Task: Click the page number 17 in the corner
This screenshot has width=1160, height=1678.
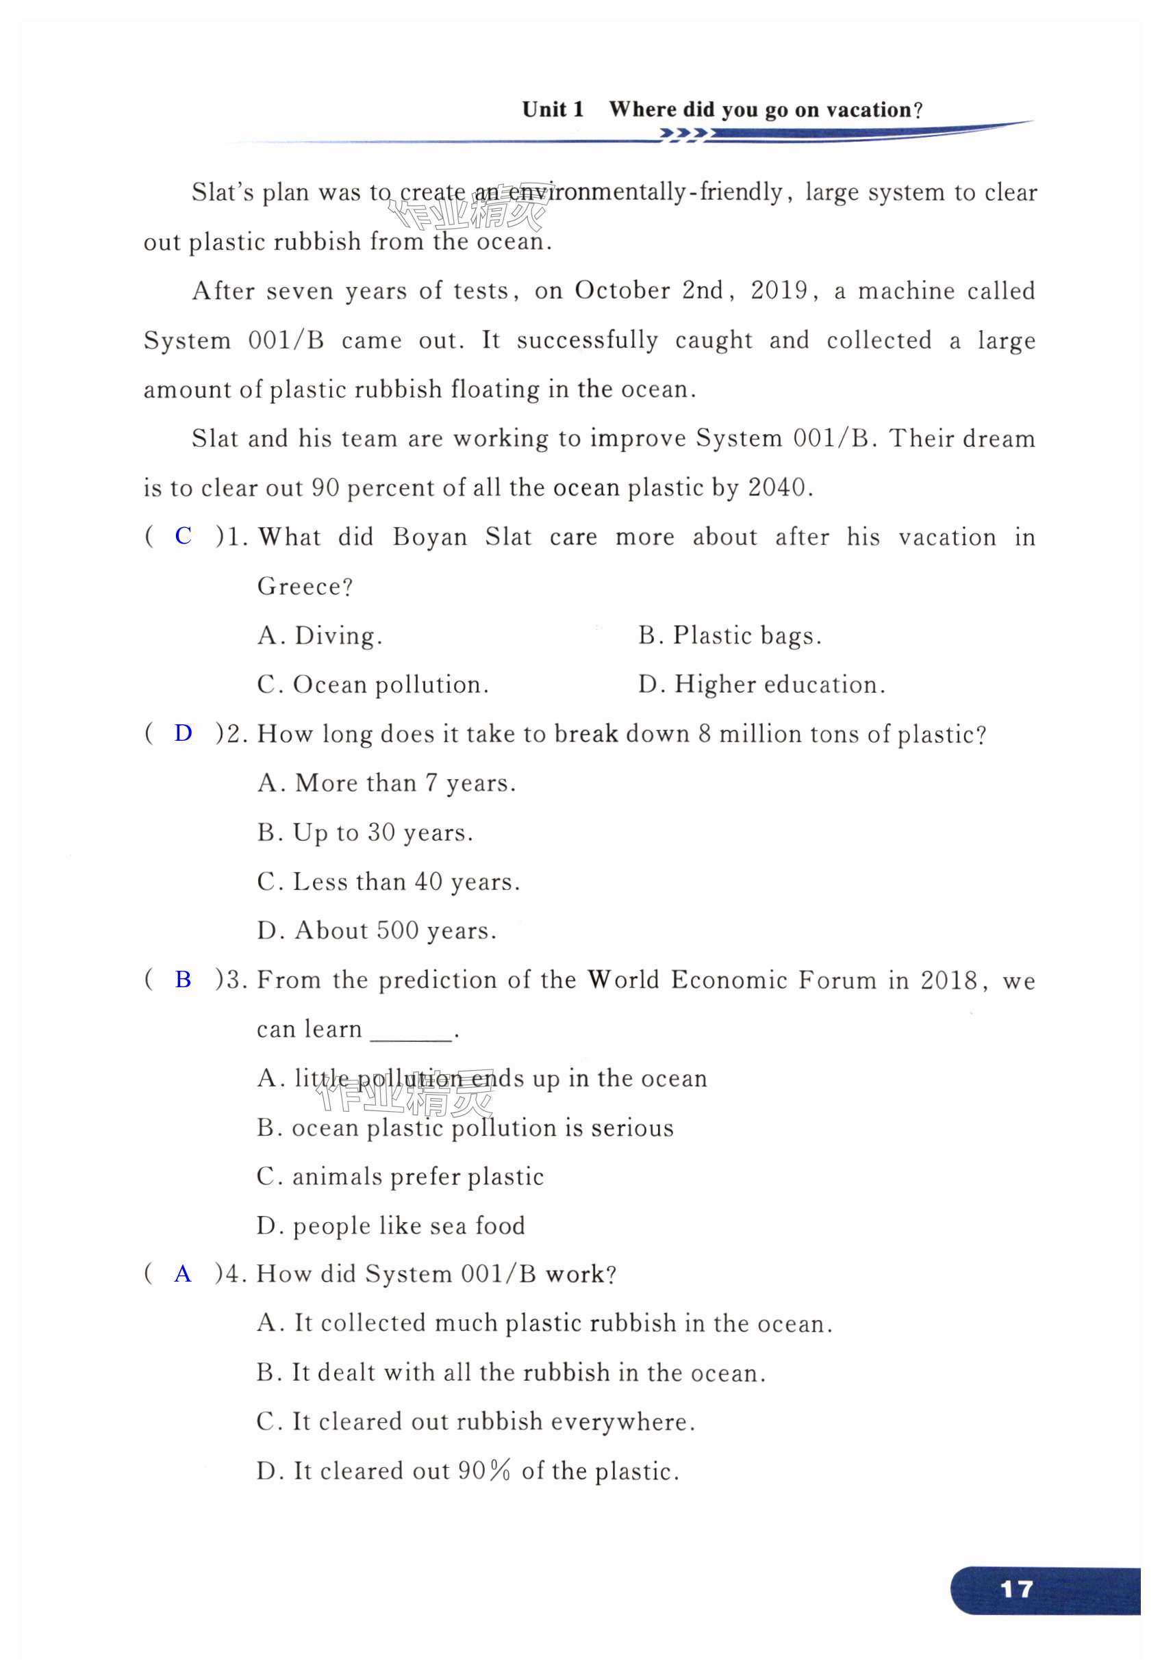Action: [x=1016, y=1589]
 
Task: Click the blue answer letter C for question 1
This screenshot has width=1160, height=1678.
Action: [x=183, y=535]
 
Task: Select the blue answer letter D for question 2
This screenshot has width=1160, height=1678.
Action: [x=183, y=733]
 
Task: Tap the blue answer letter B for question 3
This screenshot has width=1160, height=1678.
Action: [x=183, y=979]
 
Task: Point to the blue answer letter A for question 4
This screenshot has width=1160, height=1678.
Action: [x=183, y=1274]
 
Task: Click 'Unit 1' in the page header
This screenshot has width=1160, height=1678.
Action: [x=553, y=110]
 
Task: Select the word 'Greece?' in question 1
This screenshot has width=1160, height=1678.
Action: [x=305, y=586]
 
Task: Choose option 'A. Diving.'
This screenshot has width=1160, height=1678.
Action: [x=320, y=635]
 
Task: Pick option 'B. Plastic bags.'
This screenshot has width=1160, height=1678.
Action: [x=730, y=635]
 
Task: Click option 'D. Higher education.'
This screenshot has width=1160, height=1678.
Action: [x=761, y=685]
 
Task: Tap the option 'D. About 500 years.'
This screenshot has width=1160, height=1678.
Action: [x=377, y=930]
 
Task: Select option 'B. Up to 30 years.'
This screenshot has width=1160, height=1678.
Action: [x=365, y=832]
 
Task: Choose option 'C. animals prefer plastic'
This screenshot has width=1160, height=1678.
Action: [x=400, y=1176]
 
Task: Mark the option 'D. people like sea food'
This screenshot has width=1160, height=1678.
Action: [x=390, y=1225]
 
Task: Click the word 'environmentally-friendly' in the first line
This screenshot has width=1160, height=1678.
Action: [x=644, y=192]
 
